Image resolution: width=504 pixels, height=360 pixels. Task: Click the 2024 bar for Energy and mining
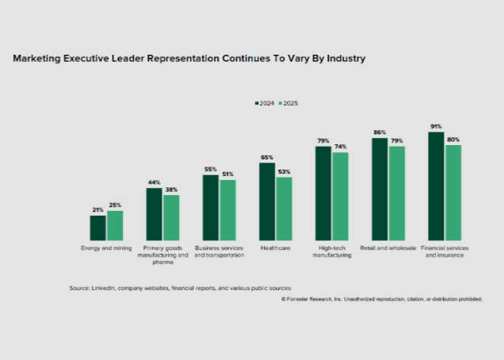tap(97, 228)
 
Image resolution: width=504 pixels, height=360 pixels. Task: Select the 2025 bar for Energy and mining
tap(115, 225)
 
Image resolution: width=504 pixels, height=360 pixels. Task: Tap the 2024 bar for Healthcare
tap(267, 201)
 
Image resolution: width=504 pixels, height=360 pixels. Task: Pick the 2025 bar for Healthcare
tap(284, 209)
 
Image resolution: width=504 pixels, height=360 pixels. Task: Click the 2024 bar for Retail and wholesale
tap(380, 189)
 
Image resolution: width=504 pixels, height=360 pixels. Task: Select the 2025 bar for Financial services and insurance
tap(452, 193)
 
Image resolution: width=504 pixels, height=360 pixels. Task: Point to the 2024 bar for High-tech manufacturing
tap(323, 193)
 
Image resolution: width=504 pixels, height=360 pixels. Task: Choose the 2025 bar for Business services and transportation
tap(227, 210)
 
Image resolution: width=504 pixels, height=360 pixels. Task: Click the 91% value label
tap(436, 127)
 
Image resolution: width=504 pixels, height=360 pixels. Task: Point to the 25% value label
tap(116, 205)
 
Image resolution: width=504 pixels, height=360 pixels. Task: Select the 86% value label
tap(380, 132)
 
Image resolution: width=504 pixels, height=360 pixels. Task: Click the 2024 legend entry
tap(265, 103)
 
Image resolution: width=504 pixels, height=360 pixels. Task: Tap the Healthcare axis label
tap(275, 248)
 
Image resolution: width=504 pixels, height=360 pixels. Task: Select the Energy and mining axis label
tap(105, 248)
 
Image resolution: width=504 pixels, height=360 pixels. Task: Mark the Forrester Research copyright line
tap(381, 300)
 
